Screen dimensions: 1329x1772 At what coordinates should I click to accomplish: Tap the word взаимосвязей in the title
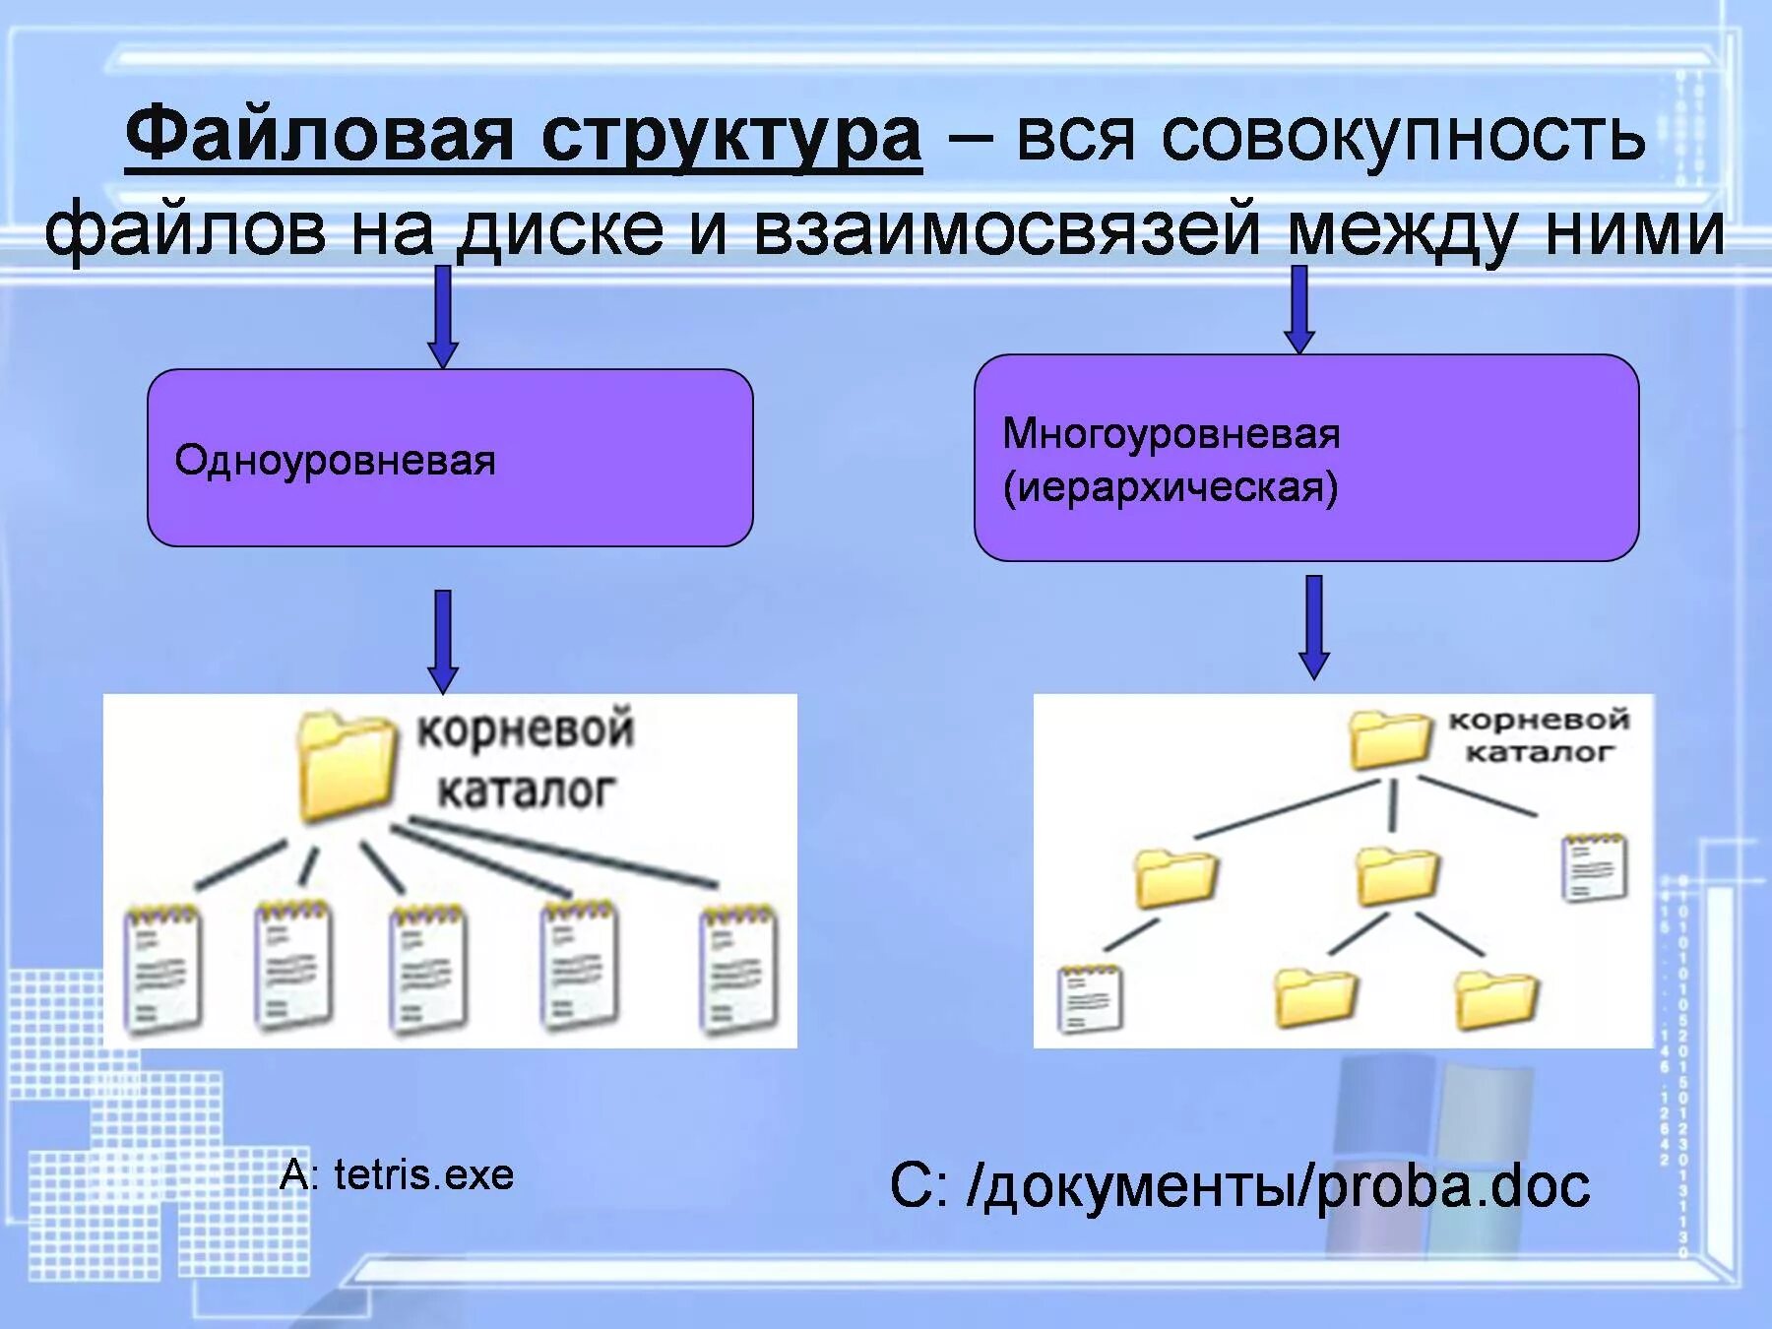click(1007, 229)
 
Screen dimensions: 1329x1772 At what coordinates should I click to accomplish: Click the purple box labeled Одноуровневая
click(450, 458)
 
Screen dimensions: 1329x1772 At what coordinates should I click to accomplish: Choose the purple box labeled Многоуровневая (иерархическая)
click(1305, 458)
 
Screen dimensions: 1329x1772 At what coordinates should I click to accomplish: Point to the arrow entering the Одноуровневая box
click(443, 315)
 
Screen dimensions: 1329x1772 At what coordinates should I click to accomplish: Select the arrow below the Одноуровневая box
click(443, 641)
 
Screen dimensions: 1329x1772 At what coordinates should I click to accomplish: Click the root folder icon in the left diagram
click(347, 767)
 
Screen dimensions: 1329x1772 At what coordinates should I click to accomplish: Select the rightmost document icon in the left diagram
click(738, 970)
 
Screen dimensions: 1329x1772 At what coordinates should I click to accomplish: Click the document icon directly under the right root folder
click(1595, 867)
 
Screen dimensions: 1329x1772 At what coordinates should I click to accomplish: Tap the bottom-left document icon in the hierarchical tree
click(1090, 999)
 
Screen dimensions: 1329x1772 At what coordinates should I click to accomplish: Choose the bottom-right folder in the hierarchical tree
click(1496, 998)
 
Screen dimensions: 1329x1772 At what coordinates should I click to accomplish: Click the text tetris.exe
click(423, 1174)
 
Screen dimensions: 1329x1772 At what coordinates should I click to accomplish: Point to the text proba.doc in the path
click(1453, 1186)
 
